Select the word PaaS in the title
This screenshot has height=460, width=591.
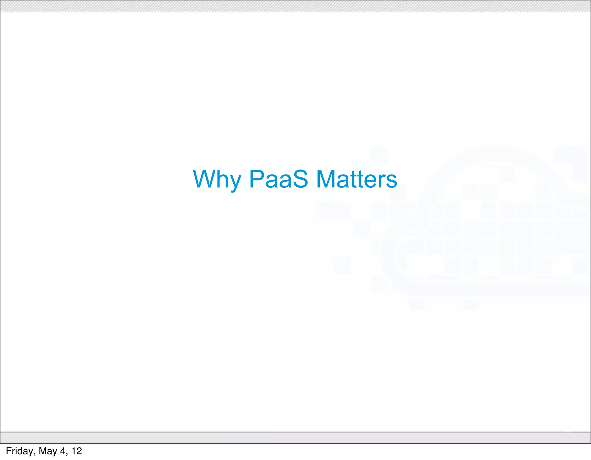[x=278, y=179]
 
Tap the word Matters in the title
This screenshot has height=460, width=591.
[x=357, y=179]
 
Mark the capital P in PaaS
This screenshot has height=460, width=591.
[x=257, y=179]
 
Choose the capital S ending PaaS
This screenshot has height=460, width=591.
[x=300, y=179]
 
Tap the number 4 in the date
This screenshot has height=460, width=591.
[x=63, y=451]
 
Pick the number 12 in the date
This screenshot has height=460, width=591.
[x=77, y=451]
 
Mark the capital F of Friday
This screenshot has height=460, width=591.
[x=8, y=451]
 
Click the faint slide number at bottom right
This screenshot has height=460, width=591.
[x=567, y=432]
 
